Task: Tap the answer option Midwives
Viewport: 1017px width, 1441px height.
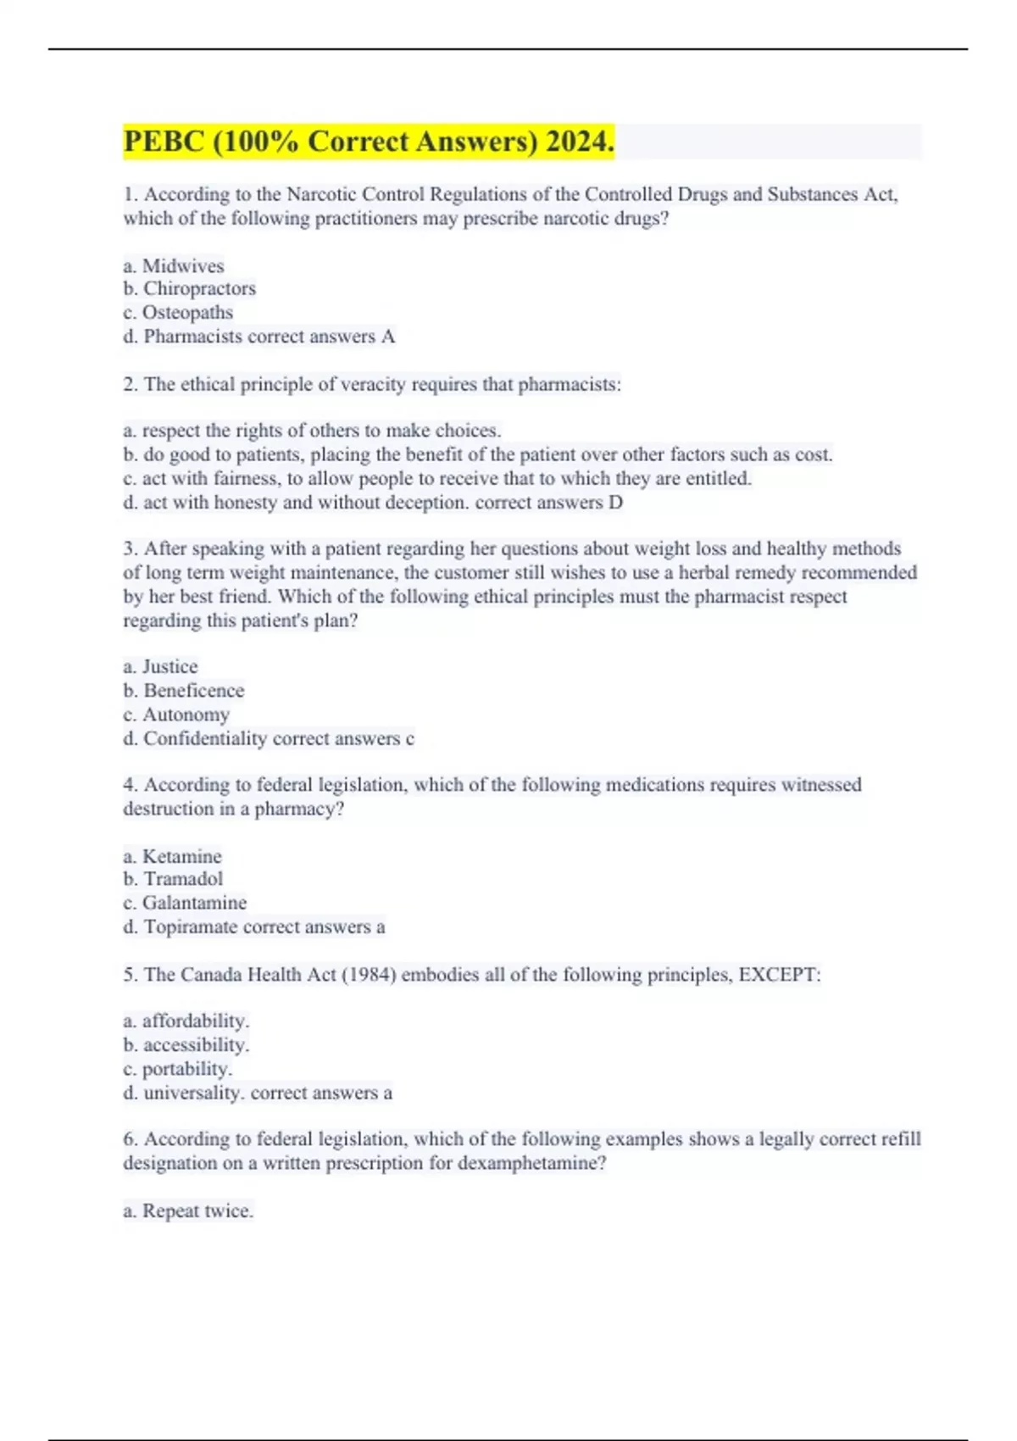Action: pyautogui.click(x=183, y=265)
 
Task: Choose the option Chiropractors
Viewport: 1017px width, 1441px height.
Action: pyautogui.click(x=199, y=289)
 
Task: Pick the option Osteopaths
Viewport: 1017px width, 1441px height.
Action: pyautogui.click(x=187, y=313)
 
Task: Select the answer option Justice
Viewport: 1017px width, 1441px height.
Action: pyautogui.click(x=169, y=666)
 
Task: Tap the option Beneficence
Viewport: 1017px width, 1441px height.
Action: pyautogui.click(x=193, y=690)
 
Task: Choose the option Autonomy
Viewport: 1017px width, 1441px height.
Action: pyautogui.click(x=186, y=715)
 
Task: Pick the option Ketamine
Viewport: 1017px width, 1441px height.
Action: pyautogui.click(x=181, y=856)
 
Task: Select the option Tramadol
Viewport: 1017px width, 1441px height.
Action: pyautogui.click(x=183, y=879)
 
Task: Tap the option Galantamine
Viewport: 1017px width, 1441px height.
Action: pyautogui.click(x=194, y=903)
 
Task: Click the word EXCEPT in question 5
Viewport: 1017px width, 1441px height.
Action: pyautogui.click(x=776, y=975)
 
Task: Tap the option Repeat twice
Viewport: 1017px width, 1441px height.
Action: pyautogui.click(x=197, y=1210)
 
